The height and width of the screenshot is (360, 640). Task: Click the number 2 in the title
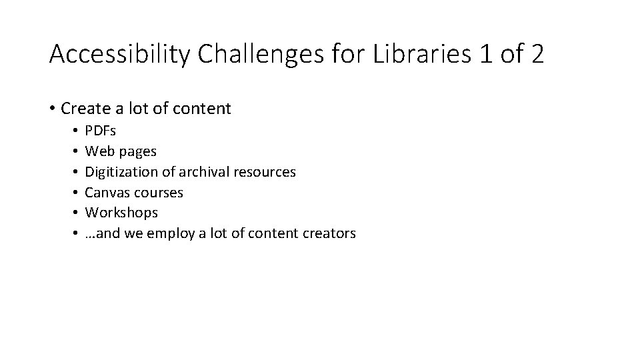pos(537,54)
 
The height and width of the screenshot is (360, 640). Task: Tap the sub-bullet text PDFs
pos(100,131)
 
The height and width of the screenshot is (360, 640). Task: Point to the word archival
pos(205,172)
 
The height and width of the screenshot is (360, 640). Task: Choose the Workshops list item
pos(122,213)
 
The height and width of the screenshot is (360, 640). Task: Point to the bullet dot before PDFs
pos(77,131)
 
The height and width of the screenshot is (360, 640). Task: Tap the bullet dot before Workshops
pos(77,213)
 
